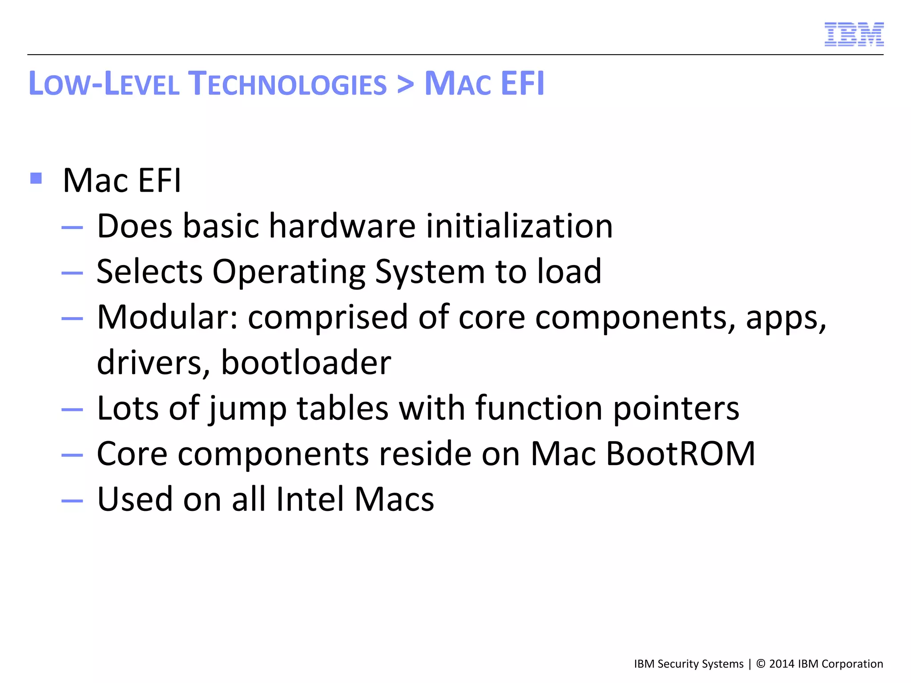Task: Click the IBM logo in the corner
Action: tap(854, 34)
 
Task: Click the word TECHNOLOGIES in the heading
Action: tap(287, 84)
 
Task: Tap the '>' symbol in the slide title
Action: tap(405, 84)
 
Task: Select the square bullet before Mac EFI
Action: tap(36, 179)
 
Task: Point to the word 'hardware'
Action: tap(343, 226)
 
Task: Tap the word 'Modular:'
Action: tap(168, 317)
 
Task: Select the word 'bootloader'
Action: tap(306, 362)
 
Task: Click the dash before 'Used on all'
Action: tap(72, 501)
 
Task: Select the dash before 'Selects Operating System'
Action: tap(72, 273)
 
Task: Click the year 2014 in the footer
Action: tap(782, 664)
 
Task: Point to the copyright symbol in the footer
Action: tap(761, 664)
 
